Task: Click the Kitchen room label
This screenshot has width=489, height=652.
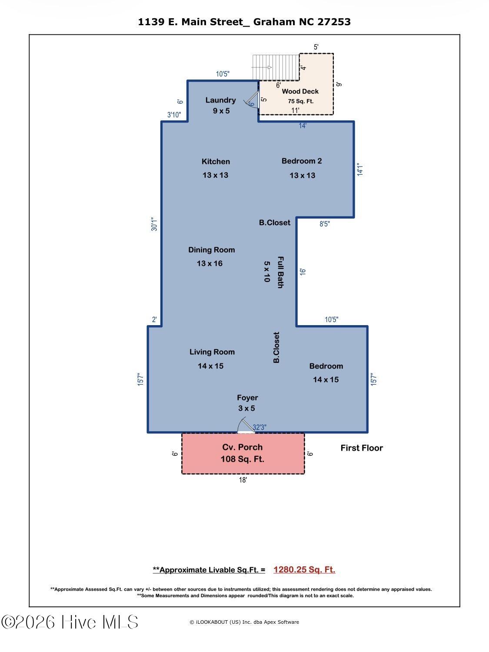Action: pyautogui.click(x=216, y=162)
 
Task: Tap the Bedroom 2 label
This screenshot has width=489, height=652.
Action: pyautogui.click(x=302, y=161)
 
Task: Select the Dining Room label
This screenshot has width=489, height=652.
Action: pyautogui.click(x=211, y=250)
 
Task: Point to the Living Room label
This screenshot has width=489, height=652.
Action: pyautogui.click(x=212, y=352)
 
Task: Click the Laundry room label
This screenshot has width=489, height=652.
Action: pyautogui.click(x=221, y=100)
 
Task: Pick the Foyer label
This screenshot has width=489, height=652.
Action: pyautogui.click(x=247, y=398)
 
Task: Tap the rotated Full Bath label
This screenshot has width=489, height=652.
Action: pyautogui.click(x=280, y=272)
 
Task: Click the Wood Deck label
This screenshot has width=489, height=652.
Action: pyautogui.click(x=300, y=91)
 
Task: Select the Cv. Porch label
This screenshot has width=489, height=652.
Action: pyautogui.click(x=242, y=447)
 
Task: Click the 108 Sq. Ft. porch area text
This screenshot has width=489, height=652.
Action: pyautogui.click(x=242, y=459)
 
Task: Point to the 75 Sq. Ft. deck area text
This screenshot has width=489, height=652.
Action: pyautogui.click(x=300, y=101)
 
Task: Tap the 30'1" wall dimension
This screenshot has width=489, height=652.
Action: pyautogui.click(x=154, y=224)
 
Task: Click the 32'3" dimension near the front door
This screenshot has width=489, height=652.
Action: pyautogui.click(x=259, y=427)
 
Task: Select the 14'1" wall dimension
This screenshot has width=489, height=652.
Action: pyautogui.click(x=360, y=170)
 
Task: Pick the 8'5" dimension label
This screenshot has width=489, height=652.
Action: pyautogui.click(x=325, y=224)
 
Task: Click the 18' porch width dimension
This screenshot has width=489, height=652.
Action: pyautogui.click(x=243, y=480)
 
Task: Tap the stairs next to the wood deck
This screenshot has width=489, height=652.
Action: pyautogui.click(x=276, y=67)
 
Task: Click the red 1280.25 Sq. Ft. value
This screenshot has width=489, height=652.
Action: pyautogui.click(x=304, y=570)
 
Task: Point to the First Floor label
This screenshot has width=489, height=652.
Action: pyautogui.click(x=362, y=448)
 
